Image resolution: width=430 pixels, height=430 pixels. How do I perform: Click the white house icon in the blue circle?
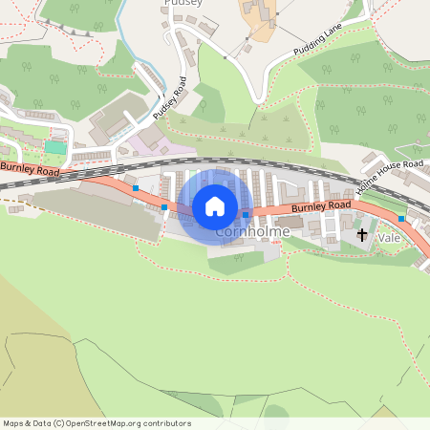click(215, 205)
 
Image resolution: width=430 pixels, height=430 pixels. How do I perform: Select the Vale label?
click(389, 236)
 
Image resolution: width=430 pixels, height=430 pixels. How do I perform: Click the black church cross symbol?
click(362, 234)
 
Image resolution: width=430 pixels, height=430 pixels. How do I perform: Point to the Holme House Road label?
click(389, 178)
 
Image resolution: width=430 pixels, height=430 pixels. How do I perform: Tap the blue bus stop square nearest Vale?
click(401, 219)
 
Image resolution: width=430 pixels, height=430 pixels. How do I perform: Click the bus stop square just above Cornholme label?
click(246, 215)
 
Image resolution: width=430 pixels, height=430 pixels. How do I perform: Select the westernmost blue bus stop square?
click(136, 188)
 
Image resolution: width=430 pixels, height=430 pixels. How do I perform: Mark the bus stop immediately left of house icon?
click(164, 206)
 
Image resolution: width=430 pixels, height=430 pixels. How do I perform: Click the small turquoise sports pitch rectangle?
click(56, 147)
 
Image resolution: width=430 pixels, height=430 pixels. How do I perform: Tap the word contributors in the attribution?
click(165, 423)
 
